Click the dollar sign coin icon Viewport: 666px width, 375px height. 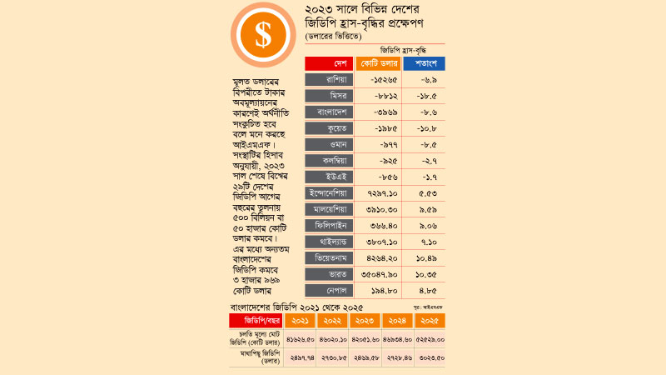tap(263, 35)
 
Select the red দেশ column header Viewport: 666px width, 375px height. tap(329, 63)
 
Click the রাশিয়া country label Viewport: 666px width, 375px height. tap(329, 80)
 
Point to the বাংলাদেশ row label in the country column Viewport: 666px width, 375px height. tap(329, 112)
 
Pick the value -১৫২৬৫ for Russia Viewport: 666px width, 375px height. tap(380, 80)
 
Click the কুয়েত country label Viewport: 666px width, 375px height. tap(329, 128)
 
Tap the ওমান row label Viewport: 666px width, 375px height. tap(329, 144)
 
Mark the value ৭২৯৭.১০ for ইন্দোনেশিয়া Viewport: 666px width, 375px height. tap(380, 193)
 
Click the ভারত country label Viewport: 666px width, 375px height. tap(329, 273)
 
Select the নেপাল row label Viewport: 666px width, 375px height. tap(329, 290)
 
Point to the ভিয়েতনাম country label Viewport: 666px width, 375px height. tap(329, 257)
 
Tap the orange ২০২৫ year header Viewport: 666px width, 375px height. tap(429, 320)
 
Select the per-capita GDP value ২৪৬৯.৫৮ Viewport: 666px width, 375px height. tap(364, 356)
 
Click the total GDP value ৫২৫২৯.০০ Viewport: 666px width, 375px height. tap(429, 339)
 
